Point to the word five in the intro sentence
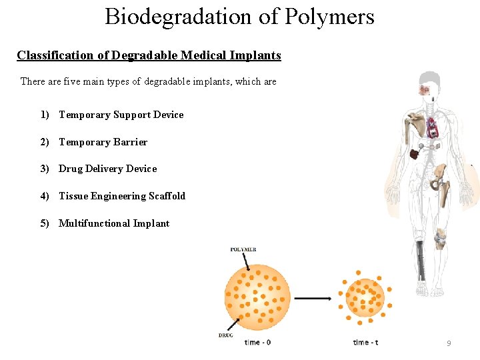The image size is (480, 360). coord(75,81)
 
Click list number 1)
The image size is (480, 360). coord(45,115)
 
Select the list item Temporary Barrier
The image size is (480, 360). coord(103,142)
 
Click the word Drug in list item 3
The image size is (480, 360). coord(70,169)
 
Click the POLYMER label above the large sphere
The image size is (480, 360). coord(243,250)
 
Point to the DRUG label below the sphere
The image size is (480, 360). coord(225,335)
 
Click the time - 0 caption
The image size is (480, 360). coord(257,343)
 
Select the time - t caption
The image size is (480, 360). coord(365,343)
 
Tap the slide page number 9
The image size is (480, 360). coord(449,343)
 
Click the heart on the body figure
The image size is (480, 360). coord(432,124)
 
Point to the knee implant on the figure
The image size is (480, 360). coord(440,237)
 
